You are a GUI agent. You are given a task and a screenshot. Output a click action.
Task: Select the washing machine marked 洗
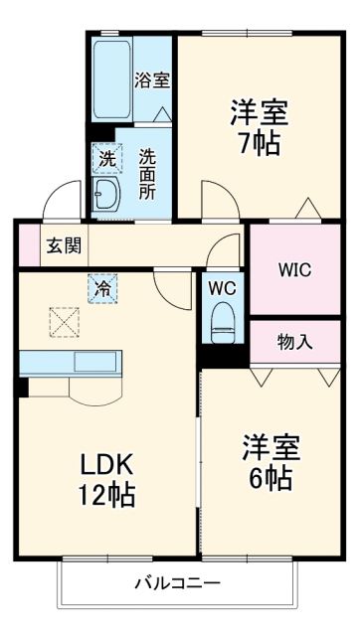click(x=105, y=157)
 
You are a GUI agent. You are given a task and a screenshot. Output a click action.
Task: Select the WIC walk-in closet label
click(x=295, y=269)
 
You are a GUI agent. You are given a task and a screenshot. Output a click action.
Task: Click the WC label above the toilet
click(x=221, y=288)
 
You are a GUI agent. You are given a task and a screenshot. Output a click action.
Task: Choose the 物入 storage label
click(x=294, y=342)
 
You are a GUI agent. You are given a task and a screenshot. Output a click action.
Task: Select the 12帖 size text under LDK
click(x=106, y=494)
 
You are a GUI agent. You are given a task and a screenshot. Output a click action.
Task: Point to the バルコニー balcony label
click(x=179, y=582)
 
